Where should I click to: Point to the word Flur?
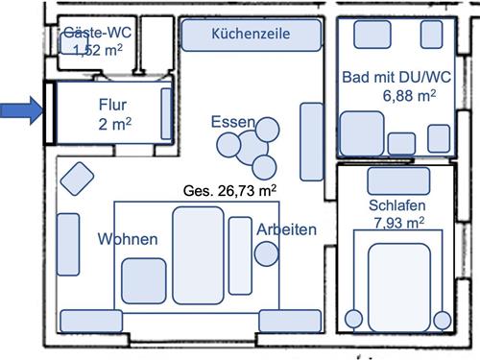point(112,103)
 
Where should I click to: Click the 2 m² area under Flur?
point(112,124)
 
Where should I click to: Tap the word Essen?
point(233,122)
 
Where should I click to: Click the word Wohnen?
point(127,239)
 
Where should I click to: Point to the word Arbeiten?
point(287,229)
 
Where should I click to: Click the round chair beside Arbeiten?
point(266,252)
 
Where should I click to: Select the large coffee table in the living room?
point(198,254)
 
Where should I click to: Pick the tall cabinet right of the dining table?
point(311,141)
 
